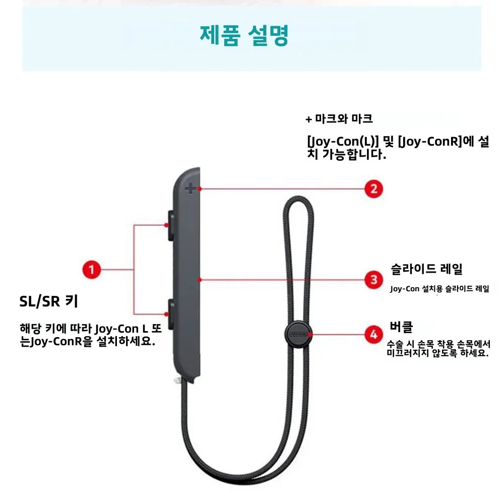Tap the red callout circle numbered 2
coord(373,189)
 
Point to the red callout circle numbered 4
coord(373,333)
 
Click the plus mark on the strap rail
coord(190,190)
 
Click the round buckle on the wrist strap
coord(297,333)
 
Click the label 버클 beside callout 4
coord(401,326)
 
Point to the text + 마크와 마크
coord(339,119)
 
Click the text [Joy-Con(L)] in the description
coord(343,142)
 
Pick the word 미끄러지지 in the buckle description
coord(408,353)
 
